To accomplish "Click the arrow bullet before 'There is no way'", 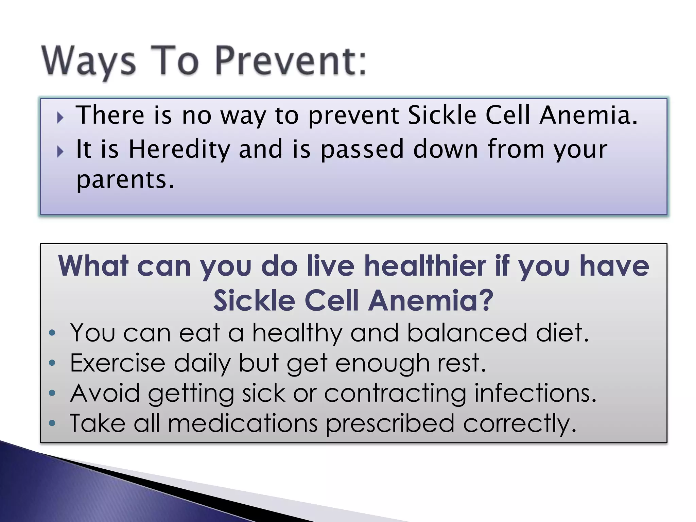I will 60,118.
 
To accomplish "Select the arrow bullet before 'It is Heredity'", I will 60,152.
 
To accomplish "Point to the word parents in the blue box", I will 125,180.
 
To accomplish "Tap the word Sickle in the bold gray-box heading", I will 254,300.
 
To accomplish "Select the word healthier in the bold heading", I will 425,266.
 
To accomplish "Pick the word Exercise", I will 118,363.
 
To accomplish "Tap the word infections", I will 535,393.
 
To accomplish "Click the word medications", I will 243,423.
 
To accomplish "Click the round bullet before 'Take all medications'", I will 52,423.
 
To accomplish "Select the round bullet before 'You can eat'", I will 52,333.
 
